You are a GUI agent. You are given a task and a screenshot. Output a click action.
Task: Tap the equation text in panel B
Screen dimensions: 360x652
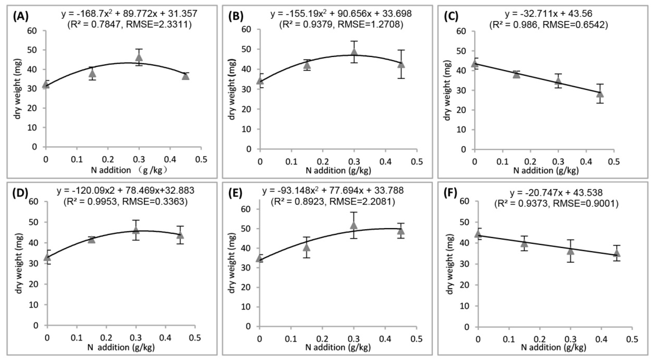[x=341, y=13]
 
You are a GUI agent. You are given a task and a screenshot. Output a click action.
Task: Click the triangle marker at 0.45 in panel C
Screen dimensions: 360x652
[x=600, y=94]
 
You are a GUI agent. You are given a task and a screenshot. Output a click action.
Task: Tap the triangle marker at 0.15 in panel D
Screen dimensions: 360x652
[x=92, y=239]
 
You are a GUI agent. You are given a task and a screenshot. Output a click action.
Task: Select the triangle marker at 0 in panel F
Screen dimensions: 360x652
[x=478, y=234]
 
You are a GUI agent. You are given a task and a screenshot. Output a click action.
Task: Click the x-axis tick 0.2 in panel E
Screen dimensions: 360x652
[x=322, y=339]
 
